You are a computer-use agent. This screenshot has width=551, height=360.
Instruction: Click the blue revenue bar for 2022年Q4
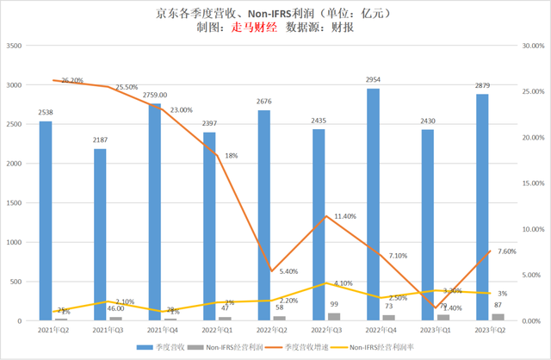tap(373, 205)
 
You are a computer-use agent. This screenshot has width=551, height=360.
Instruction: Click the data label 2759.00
tap(155, 96)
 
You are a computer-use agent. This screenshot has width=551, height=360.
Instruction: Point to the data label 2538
tap(46, 113)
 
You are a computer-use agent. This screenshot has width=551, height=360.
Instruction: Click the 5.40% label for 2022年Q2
tap(289, 271)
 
